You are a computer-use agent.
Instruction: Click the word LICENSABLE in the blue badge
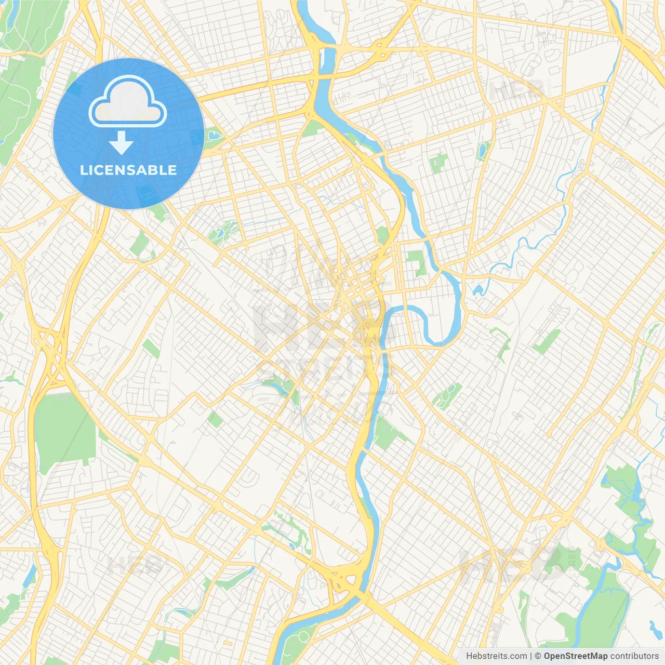[x=128, y=170]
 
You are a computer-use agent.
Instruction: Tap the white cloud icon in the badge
[x=128, y=103]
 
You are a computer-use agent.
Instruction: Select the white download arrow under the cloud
[x=121, y=143]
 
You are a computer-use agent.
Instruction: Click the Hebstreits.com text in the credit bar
[x=496, y=656]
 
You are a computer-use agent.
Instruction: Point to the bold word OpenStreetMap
[x=575, y=656]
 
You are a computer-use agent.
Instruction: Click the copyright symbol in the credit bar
[x=538, y=656]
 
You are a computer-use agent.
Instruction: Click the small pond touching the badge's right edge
[x=214, y=136]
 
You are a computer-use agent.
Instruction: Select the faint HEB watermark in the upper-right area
[x=517, y=91]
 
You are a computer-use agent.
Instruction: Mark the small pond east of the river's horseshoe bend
[x=477, y=289]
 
